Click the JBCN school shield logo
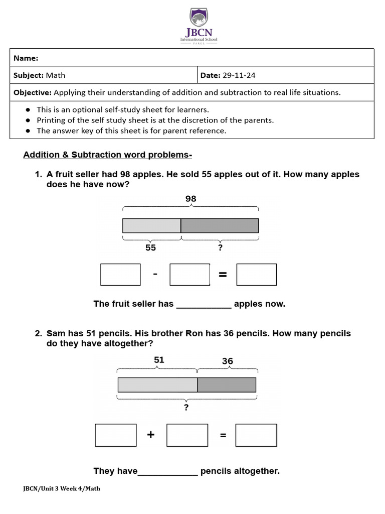[x=199, y=20]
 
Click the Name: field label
[x=26, y=58]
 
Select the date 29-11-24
[x=239, y=75]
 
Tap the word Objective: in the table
[x=32, y=92]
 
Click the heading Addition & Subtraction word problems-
[x=108, y=155]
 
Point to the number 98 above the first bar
[x=190, y=199]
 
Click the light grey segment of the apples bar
[x=151, y=226]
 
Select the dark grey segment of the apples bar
[x=220, y=226]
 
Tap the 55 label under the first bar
[x=150, y=247]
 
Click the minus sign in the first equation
[x=155, y=274]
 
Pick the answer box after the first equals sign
[x=256, y=275]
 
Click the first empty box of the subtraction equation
[x=120, y=275]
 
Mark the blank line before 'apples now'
[x=204, y=304]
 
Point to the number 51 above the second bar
[x=159, y=360]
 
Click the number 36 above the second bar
[x=227, y=361]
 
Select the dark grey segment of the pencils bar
[x=227, y=385]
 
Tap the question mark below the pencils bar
[x=186, y=407]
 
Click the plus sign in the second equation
[x=151, y=435]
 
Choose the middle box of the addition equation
[x=187, y=435]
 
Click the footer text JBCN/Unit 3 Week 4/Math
[x=62, y=488]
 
